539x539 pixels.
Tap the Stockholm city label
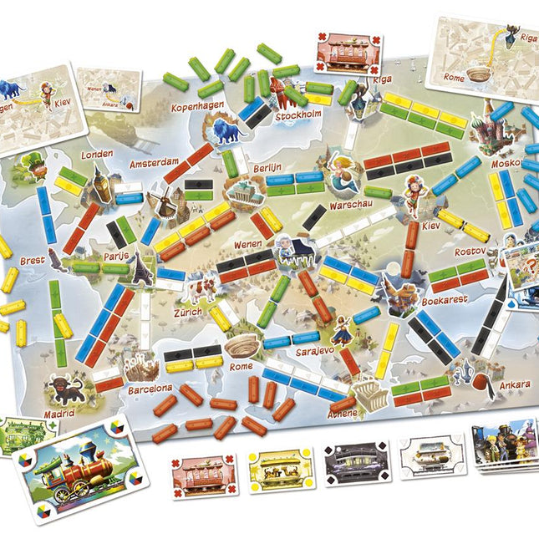pos(298,116)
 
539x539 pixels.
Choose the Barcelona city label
pos(150,388)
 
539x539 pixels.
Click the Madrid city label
pos(59,412)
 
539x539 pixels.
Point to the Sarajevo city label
pos(314,353)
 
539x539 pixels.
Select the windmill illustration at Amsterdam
pos(160,198)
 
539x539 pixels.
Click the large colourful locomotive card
pos(74,467)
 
